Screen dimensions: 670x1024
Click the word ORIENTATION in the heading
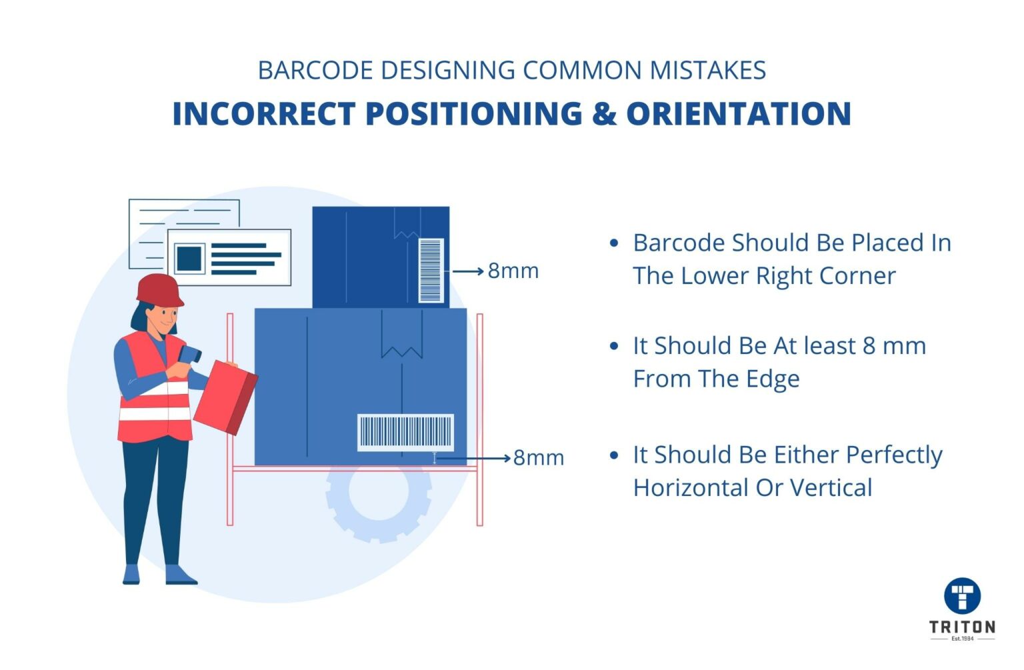[738, 113]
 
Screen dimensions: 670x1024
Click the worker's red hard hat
[159, 289]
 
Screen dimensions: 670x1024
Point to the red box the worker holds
[225, 397]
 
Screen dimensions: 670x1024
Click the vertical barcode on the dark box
[431, 271]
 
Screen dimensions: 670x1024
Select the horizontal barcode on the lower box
[405, 432]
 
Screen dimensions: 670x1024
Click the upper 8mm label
[513, 271]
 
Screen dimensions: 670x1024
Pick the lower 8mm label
[539, 458]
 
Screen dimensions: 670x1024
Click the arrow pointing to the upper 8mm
[468, 271]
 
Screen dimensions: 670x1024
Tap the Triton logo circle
[962, 595]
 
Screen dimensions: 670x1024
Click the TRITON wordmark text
[962, 627]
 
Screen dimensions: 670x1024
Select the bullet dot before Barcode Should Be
[614, 243]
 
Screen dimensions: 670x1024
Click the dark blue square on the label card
[189, 258]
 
